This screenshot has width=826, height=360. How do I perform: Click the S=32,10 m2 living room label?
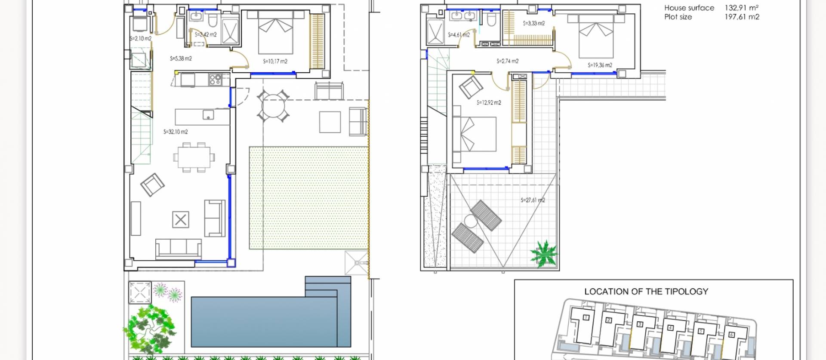(x=176, y=132)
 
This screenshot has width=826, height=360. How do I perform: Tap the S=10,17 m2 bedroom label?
(x=275, y=62)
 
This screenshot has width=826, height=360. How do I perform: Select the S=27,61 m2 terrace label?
(x=533, y=200)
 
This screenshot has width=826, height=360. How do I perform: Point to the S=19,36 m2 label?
(x=600, y=65)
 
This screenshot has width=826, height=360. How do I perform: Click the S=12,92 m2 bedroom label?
(x=489, y=103)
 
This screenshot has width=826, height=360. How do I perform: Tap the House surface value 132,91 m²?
(x=742, y=8)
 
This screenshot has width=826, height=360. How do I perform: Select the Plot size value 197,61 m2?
(x=742, y=17)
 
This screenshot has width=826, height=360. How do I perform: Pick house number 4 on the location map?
(x=670, y=328)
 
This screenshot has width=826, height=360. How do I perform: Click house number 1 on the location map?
(x=586, y=318)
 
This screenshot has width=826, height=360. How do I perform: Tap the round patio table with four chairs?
(x=273, y=106)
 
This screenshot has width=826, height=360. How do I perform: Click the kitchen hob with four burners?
(x=215, y=80)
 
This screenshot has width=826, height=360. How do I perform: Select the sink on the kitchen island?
(x=208, y=115)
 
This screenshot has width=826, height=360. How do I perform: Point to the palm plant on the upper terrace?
(x=544, y=253)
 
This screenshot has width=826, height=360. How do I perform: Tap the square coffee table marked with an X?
(x=181, y=220)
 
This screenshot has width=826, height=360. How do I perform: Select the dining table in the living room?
(x=194, y=157)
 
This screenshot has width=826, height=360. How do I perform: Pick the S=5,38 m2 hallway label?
(x=181, y=58)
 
